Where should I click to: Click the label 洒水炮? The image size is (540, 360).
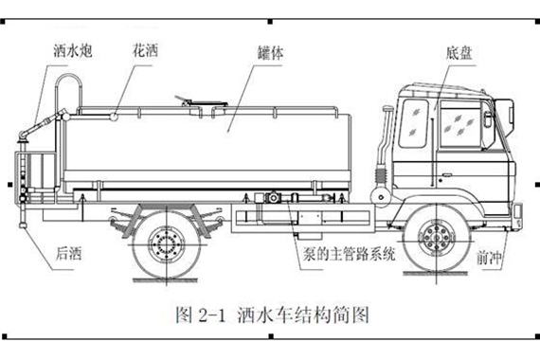73,50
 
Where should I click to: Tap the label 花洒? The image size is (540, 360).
145,50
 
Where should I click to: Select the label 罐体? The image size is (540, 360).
271,53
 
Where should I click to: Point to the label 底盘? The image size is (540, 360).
459,53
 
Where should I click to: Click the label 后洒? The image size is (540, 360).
68,254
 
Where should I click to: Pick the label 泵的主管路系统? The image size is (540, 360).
350,254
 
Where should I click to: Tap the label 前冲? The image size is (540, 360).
490,257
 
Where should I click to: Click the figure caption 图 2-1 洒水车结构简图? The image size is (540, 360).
273,315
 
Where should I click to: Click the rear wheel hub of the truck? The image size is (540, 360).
167,245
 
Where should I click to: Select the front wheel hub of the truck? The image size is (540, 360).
437,238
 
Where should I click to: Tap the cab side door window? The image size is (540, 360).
461,124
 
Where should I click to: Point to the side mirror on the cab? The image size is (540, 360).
488,118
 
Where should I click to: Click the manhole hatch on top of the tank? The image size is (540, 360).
202,102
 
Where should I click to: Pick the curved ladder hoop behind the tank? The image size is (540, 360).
69,78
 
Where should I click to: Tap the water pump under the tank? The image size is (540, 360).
273,198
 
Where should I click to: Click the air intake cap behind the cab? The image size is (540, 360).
387,109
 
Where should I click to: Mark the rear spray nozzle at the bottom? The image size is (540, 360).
23,225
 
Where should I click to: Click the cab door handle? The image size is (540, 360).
446,175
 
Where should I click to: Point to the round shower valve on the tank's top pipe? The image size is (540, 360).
114,117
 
